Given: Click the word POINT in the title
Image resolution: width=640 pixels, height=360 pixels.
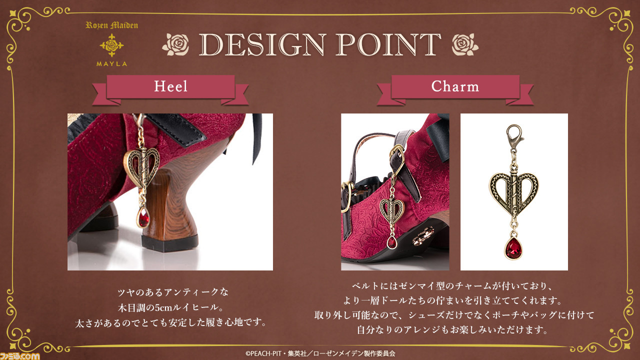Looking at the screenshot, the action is click(x=388, y=44).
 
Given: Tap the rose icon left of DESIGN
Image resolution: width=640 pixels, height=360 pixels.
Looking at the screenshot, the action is click(x=176, y=44).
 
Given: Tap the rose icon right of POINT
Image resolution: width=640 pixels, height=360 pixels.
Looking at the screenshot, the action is click(x=465, y=44).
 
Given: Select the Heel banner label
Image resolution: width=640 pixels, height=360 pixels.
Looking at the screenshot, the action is click(x=170, y=86).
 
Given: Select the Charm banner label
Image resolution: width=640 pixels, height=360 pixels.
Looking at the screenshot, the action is click(x=455, y=86).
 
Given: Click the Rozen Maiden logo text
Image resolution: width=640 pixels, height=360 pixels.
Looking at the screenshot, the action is click(x=111, y=25).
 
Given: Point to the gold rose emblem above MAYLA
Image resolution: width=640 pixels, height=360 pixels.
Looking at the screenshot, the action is click(x=111, y=45).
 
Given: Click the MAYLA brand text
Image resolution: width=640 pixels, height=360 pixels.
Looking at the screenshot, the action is click(x=111, y=64).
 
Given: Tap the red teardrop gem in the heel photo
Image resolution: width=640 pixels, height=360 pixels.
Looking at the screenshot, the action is click(x=143, y=217).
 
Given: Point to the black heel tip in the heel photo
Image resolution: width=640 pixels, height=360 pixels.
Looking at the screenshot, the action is click(x=169, y=243).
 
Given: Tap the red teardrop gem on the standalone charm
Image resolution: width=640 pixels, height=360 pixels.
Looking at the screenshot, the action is click(x=513, y=248).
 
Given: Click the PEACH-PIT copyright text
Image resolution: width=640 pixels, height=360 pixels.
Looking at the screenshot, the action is click(x=320, y=353).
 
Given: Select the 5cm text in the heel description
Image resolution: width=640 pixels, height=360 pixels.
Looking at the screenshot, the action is click(x=163, y=307).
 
